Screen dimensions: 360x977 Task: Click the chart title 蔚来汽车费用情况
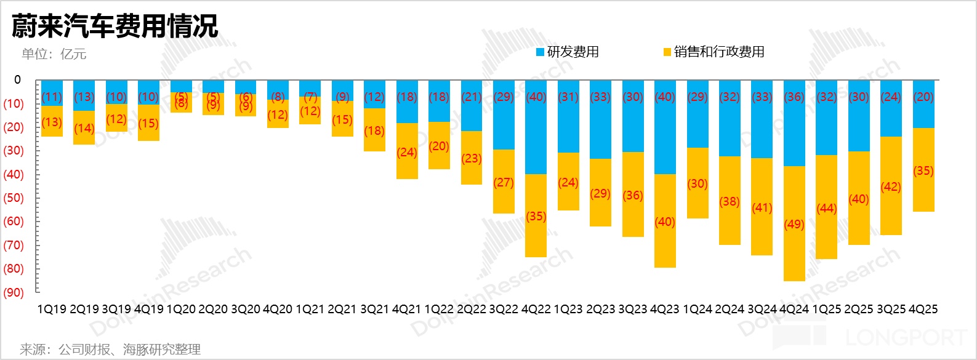[x=115, y=26]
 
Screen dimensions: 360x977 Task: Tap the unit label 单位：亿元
[x=54, y=54]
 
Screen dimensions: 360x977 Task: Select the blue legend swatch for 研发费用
[x=540, y=52]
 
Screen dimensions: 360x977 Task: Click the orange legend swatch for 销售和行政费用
[x=667, y=52]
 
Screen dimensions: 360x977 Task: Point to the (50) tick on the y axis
[x=14, y=198]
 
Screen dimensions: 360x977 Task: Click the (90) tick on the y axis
[x=14, y=293]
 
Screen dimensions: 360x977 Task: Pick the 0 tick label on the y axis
[x=17, y=79]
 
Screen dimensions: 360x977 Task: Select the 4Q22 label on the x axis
[x=536, y=310]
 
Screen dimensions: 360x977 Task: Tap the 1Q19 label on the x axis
[x=52, y=310]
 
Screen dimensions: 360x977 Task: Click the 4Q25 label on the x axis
[x=923, y=310]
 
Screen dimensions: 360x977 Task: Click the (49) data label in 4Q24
[x=794, y=225]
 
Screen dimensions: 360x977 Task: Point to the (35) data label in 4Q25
[x=923, y=171]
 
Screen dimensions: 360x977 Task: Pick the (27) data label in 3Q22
[x=504, y=183]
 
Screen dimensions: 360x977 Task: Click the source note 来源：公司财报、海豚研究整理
[x=110, y=350]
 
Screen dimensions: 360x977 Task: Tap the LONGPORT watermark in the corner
[x=905, y=337]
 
